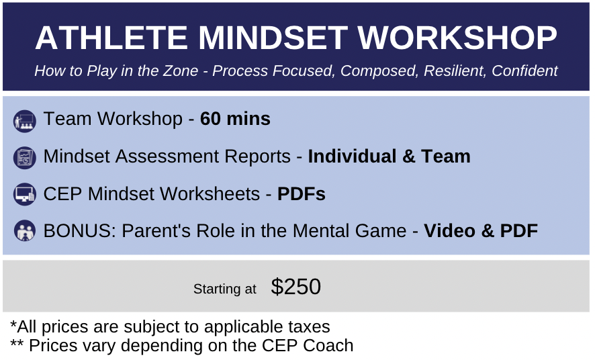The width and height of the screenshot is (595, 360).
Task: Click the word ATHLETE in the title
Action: pos(111,38)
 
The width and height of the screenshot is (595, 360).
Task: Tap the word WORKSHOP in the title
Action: pos(457,38)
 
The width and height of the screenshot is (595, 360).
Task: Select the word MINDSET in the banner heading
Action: pos(273,38)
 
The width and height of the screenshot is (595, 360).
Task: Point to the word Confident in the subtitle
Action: pos(524,71)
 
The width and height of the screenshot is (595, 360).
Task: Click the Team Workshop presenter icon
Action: pos(25,122)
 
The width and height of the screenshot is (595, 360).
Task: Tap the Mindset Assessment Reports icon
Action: pos(25,158)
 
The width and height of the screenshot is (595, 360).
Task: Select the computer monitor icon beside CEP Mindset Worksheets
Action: pos(25,194)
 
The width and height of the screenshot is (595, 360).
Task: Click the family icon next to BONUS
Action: pos(25,230)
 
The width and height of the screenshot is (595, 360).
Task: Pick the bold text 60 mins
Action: pos(235,119)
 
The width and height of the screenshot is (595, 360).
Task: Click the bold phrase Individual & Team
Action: pos(390,156)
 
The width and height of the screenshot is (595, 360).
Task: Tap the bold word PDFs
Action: pos(302,194)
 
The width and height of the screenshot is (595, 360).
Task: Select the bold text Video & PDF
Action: pos(481,231)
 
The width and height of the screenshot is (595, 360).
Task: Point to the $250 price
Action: pos(296,286)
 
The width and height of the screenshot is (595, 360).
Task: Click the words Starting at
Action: pos(225,289)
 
